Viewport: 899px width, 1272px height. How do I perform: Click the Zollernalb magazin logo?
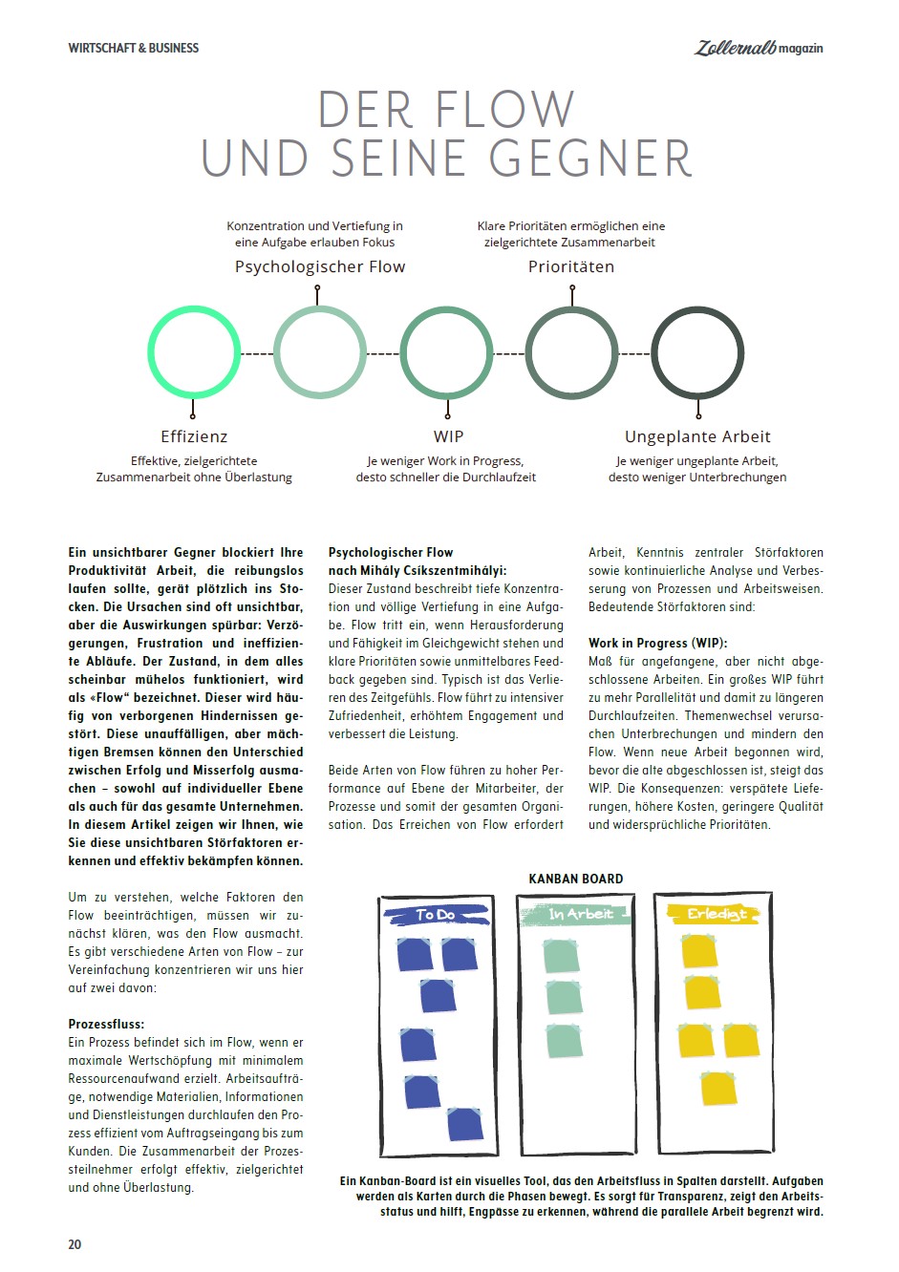point(758,47)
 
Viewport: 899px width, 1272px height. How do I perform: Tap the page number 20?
point(75,1244)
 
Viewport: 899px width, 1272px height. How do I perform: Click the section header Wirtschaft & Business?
point(134,48)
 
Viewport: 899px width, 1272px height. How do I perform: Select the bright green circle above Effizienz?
point(194,352)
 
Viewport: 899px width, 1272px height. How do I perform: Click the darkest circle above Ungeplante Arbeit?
point(697,352)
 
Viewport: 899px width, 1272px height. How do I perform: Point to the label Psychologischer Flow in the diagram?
point(320,267)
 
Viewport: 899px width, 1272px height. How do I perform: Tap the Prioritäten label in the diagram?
point(571,267)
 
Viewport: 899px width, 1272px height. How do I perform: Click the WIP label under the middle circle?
point(448,436)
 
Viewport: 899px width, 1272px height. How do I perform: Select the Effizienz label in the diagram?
point(194,436)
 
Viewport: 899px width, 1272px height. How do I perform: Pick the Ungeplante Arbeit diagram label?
point(697,436)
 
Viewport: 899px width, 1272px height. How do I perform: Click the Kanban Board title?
point(576,879)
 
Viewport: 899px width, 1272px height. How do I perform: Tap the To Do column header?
point(437,915)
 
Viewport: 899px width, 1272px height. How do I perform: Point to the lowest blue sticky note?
point(464,1124)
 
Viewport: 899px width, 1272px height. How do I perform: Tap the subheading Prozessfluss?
point(106,1024)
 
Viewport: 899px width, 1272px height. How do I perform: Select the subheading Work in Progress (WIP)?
point(657,643)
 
